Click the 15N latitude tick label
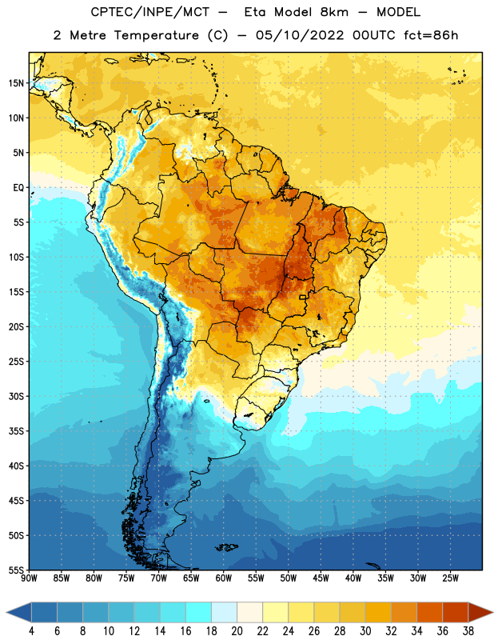click(16, 83)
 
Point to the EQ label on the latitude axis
click(18, 188)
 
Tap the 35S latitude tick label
click(16, 431)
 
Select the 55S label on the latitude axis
click(16, 570)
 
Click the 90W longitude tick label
click(29, 578)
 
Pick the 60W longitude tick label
click(224, 578)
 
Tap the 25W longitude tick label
click(450, 578)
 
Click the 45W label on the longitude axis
click(321, 578)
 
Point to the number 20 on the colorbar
click(237, 631)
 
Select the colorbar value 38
click(468, 631)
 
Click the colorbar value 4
click(31, 631)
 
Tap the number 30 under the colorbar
click(365, 631)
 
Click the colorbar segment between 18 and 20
click(224, 612)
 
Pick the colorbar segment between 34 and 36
click(429, 612)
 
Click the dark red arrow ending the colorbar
click(480, 612)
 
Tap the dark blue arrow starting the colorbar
click(18, 612)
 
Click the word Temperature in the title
click(156, 35)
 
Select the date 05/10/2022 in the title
click(300, 35)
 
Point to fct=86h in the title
click(431, 35)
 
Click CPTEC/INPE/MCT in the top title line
click(149, 12)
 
